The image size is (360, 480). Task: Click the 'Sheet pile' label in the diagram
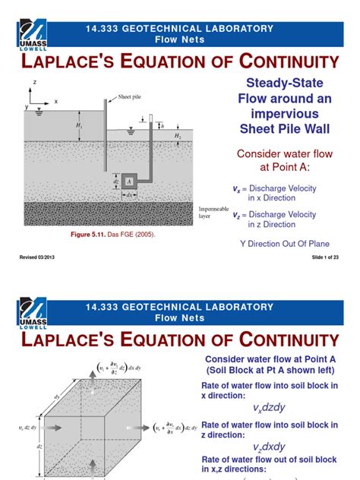pyautogui.click(x=130, y=97)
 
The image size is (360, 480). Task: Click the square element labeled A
pyautogui.click(x=130, y=182)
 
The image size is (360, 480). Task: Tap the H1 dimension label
pyautogui.click(x=80, y=125)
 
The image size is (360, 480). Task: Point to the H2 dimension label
pyautogui.click(x=177, y=136)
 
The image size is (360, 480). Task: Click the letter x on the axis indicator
pyautogui.click(x=55, y=100)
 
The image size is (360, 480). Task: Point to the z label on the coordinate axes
pyautogui.click(x=35, y=82)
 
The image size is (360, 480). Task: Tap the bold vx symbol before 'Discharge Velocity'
pyautogui.click(x=236, y=188)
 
